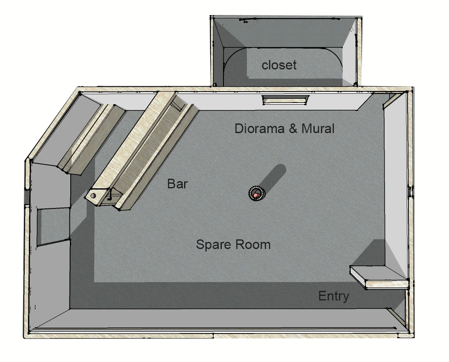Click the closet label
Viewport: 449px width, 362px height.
279,65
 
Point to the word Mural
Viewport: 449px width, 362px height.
318,128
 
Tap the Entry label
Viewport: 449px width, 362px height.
334,296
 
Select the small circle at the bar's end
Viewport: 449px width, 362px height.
93,195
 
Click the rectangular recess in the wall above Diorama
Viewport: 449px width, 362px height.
285,100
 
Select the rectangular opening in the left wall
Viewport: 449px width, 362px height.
52,226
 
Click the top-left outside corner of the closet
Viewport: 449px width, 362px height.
211,17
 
